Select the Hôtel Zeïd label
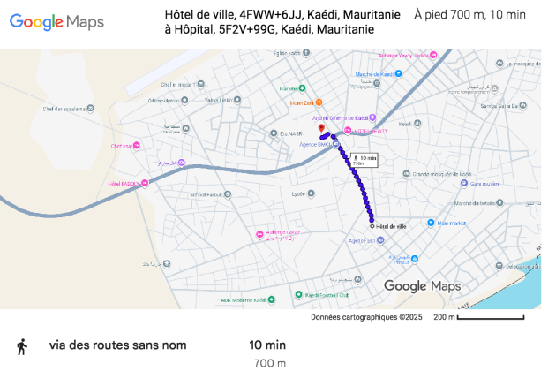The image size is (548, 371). pos(302,103)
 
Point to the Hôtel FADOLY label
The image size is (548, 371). pos(125,184)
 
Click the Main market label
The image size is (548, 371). pos(450,223)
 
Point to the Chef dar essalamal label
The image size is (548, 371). pos(66,110)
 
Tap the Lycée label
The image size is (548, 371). pos(298,193)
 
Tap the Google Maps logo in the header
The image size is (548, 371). pos(58,22)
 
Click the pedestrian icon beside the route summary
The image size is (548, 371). pos(22,346)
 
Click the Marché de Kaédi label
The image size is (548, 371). pos(374,74)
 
